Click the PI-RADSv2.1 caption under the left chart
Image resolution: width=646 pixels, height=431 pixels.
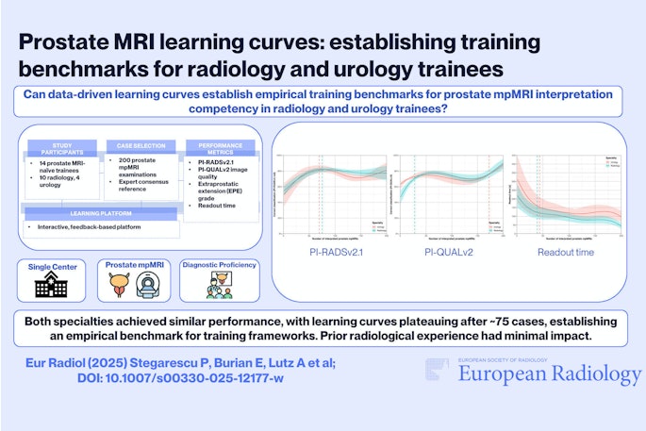(x=326, y=253)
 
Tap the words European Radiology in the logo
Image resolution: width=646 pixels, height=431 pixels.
(x=550, y=374)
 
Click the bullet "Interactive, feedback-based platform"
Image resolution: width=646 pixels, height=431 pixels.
(x=91, y=228)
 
